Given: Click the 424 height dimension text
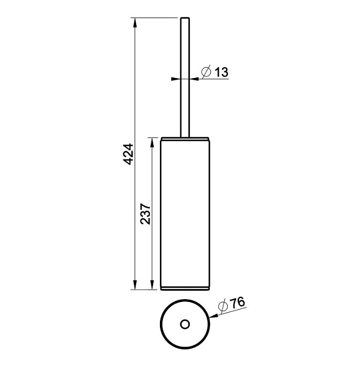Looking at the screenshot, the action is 128,154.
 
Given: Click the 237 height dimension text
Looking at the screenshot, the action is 145,214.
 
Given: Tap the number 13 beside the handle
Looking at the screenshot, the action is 222,72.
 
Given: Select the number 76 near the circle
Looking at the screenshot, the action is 237,303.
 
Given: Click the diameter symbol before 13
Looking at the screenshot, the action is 206,71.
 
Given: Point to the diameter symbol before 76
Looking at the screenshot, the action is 223,306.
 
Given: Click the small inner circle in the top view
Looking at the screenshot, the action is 185,324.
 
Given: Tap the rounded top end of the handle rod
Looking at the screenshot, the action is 185,18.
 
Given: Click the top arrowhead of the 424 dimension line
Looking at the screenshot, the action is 135,22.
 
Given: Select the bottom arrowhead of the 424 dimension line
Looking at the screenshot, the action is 135,285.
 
